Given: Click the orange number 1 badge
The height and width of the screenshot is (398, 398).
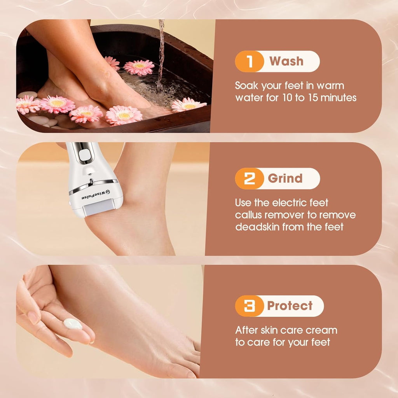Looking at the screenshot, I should (x=249, y=61).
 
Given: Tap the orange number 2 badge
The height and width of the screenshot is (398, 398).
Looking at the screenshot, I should (x=249, y=179).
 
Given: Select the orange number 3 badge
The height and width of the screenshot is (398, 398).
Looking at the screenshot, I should (x=249, y=306).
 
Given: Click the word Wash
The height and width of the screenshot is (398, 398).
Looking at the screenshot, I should (x=286, y=61).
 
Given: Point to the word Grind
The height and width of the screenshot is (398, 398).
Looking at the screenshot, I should (x=285, y=179).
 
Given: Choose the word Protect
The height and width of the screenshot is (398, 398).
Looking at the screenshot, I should (x=290, y=306).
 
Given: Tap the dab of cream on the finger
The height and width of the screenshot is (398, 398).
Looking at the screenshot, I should (x=73, y=324).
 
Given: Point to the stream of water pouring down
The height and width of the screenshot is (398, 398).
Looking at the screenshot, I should (x=161, y=51).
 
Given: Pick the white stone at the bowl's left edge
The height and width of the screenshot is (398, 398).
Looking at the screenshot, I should (x=27, y=95).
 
